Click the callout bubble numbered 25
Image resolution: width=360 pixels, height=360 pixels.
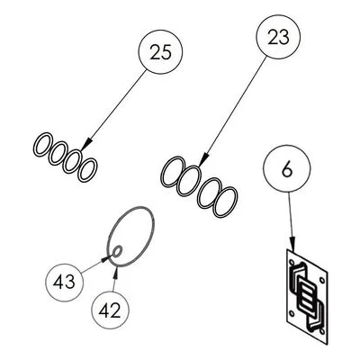pos(160,52)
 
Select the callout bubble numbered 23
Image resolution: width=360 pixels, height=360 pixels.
pos(278,37)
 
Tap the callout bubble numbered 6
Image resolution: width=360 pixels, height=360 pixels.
pos(287,169)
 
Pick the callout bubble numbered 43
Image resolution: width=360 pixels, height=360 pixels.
pos(65,283)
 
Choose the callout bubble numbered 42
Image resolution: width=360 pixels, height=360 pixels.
pos(110,310)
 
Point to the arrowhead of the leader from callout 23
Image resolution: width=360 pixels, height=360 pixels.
pos(203,159)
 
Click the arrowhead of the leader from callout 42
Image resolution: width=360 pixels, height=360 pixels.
pos(115,273)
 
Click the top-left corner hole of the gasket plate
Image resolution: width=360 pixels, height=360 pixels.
pos(291,262)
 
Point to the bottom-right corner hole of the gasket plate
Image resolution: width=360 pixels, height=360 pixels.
pos(322,331)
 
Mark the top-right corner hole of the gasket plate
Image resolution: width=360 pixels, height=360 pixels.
pos(321,280)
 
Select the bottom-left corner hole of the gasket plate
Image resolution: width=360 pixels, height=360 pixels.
pos(292,314)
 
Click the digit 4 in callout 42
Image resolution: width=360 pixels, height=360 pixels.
pos(104,310)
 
